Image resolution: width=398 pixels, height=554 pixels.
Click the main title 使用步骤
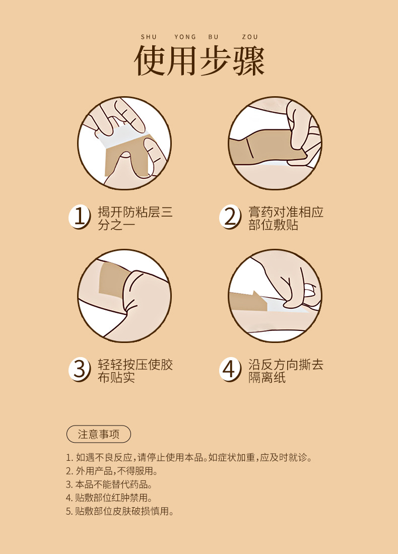[x=199, y=60]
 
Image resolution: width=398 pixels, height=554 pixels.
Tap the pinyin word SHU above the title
[x=149, y=37]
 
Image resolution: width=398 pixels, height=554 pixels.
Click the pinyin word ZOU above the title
[x=250, y=37]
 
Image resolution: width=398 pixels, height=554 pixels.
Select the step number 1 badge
[x=79, y=217]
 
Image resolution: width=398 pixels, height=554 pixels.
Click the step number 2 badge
[x=230, y=217]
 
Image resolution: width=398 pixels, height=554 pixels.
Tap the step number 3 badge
[x=79, y=370]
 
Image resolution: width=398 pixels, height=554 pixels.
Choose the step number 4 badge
[x=230, y=370]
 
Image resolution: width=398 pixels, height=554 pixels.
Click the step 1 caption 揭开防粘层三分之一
[x=136, y=219]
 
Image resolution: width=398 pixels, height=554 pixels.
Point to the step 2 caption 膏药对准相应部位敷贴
[x=286, y=219]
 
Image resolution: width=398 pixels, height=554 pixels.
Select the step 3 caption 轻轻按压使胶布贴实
[x=136, y=371]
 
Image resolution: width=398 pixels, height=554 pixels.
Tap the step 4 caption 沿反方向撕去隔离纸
[x=286, y=371]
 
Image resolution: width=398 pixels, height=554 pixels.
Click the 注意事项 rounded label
[x=99, y=434]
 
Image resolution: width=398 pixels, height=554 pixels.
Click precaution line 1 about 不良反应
[x=189, y=457]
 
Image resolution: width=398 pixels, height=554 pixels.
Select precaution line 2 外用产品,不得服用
[x=112, y=471]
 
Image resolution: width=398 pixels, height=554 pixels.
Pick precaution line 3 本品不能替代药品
[x=109, y=484]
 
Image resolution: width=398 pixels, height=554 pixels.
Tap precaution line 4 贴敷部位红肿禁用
[x=109, y=498]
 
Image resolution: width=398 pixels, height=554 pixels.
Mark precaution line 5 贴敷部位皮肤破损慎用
[x=120, y=511]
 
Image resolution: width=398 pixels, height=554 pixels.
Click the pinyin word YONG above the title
[x=185, y=37]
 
